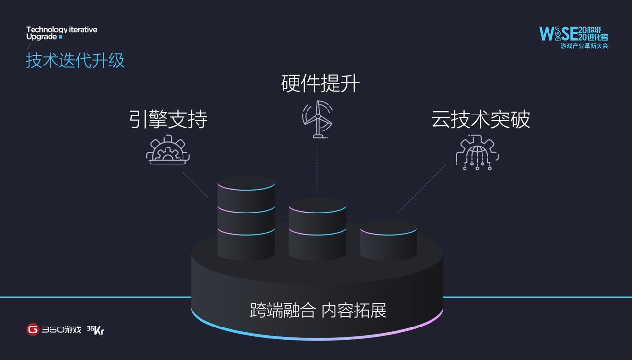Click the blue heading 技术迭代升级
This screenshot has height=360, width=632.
point(75,61)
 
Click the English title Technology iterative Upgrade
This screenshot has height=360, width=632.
point(61,33)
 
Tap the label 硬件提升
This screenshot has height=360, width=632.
point(320,83)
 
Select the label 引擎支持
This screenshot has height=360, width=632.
point(168,119)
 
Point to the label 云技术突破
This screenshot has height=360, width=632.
point(480,119)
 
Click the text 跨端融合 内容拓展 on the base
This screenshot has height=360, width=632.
point(318,310)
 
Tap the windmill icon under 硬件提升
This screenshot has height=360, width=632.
point(318,119)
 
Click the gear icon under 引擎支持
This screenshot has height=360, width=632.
point(168,150)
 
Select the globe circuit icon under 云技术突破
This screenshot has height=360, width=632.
point(477,152)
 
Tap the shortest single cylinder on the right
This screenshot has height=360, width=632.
point(388,240)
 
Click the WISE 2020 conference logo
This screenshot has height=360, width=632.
point(573,33)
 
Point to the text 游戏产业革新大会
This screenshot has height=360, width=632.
point(584,46)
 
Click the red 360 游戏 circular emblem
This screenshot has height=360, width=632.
point(33,329)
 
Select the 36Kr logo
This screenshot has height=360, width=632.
point(96,330)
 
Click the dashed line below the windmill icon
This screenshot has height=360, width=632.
point(317,170)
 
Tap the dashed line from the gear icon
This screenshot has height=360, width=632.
point(196,185)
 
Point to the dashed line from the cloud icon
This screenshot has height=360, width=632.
point(421,188)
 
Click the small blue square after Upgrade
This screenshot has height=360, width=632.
point(61,37)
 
